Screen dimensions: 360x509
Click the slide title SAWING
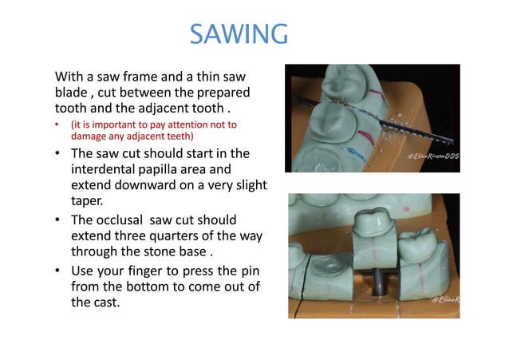point(239,34)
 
